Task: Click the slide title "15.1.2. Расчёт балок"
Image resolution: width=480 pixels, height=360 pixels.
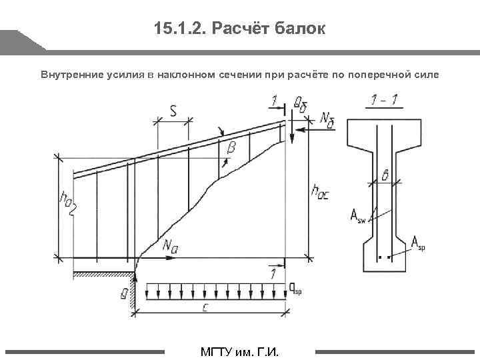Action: (x=239, y=29)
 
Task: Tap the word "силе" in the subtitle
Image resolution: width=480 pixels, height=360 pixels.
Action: (x=425, y=74)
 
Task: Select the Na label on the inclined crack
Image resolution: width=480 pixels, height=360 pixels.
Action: (x=169, y=244)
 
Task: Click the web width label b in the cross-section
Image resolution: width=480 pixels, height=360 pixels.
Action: (x=385, y=175)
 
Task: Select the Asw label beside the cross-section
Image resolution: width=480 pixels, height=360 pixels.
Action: (x=357, y=215)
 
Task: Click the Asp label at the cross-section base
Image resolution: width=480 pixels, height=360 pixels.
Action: (x=417, y=243)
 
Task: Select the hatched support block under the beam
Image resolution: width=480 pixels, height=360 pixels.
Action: (x=100, y=274)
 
